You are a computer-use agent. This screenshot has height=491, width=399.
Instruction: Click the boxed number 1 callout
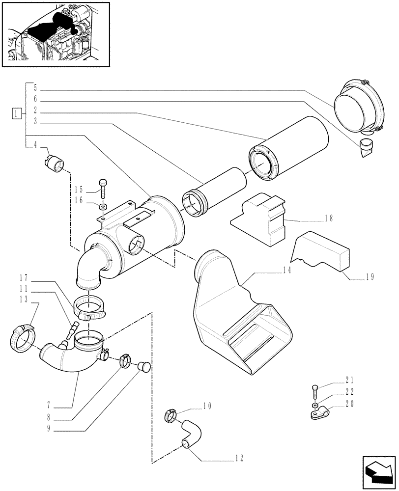17,114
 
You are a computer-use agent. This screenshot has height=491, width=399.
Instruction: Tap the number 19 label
370,277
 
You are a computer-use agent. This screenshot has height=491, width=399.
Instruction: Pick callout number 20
350,404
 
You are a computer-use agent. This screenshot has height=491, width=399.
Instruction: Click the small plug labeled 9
144,366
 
